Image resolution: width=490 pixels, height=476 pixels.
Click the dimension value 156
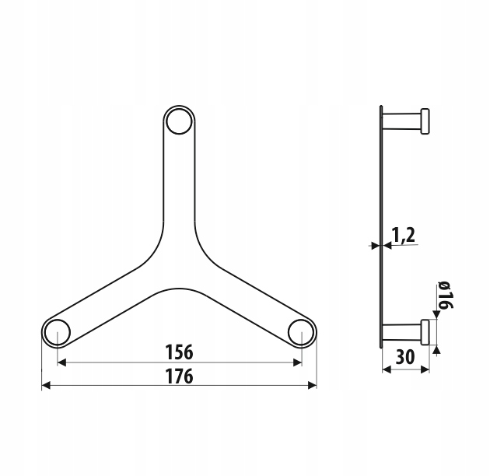(179, 352)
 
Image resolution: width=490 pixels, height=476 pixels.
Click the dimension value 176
(179, 376)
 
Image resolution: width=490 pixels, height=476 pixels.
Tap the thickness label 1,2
(403, 236)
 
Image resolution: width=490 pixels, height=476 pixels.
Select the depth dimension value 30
(405, 357)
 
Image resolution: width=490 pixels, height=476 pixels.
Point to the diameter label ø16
(445, 296)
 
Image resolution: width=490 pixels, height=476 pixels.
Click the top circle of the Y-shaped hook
(179, 122)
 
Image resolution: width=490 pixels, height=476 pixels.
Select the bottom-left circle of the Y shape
(58, 332)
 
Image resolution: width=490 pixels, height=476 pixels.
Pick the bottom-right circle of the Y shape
(301, 332)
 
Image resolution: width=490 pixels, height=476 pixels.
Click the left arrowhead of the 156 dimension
(62, 362)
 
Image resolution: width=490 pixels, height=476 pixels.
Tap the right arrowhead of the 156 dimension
(297, 362)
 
